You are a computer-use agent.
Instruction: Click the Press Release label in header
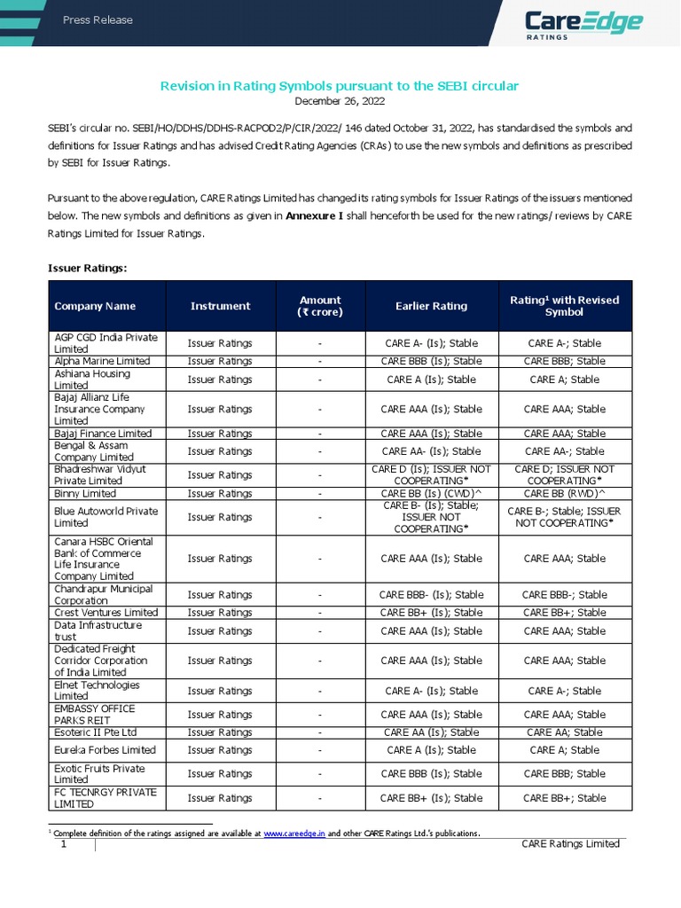[x=98, y=20]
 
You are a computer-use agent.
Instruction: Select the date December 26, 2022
[x=338, y=101]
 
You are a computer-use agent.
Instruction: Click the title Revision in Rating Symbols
[x=338, y=85]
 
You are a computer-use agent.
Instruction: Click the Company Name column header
[x=95, y=306]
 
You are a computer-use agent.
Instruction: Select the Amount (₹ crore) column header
[x=319, y=306]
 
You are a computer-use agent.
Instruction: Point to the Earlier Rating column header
[x=431, y=306]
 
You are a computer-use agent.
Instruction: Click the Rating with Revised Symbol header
[x=564, y=306]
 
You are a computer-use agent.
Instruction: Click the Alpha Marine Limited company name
[x=102, y=361]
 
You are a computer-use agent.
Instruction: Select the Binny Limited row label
[x=85, y=493]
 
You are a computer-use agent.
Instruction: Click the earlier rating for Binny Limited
[x=431, y=493]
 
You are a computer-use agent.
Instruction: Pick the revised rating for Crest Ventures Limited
[x=564, y=613]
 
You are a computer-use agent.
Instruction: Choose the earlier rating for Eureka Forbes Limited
[x=431, y=750]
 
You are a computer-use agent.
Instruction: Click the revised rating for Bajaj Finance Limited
[x=564, y=434]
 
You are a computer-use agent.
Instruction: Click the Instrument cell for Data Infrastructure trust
[x=220, y=631]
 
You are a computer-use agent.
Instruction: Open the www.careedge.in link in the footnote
[x=294, y=834]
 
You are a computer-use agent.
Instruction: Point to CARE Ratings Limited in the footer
[x=569, y=844]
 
